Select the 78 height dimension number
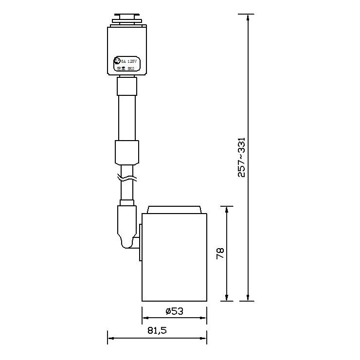220,253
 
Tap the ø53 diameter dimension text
174,311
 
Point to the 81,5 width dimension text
157,331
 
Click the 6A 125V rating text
130,61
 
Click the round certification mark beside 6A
117,61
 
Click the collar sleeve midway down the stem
127,152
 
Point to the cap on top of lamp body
174,209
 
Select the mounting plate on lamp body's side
140,242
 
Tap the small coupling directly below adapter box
127,87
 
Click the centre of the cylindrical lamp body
174,257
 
